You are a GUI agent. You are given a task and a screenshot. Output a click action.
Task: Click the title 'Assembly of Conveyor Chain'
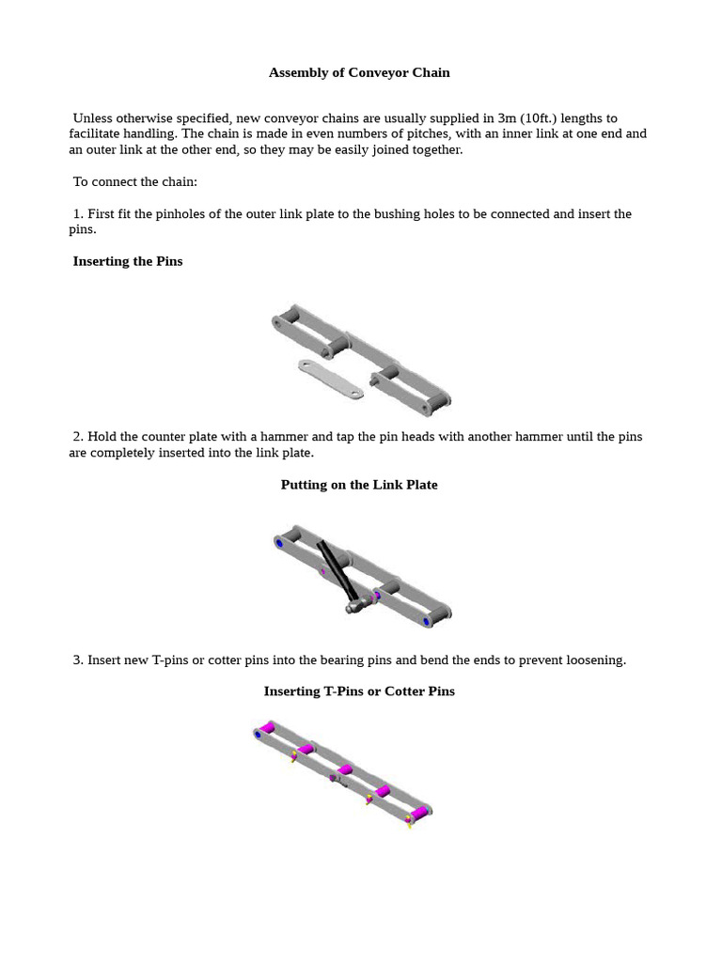point(359,72)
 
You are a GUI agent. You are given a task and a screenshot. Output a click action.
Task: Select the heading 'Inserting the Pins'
point(128,261)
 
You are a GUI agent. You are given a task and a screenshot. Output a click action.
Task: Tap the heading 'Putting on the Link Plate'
point(359,485)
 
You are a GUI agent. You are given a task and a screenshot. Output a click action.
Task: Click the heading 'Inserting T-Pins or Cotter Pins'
point(359,691)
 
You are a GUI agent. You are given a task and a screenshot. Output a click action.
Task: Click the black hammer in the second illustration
point(338,571)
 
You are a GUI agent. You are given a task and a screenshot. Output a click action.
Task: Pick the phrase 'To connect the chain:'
point(135,181)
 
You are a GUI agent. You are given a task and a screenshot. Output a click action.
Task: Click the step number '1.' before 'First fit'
point(78,214)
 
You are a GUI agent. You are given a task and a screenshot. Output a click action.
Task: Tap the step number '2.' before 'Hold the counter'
point(78,437)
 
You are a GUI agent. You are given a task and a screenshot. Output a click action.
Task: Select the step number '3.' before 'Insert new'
point(78,660)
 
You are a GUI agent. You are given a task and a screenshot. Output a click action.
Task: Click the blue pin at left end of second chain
point(279,543)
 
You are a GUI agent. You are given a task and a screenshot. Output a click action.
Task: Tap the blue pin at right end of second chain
point(427,621)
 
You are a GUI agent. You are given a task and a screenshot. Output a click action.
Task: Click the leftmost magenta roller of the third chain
point(268,728)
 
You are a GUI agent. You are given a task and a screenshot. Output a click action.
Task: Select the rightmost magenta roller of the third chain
point(419,811)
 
